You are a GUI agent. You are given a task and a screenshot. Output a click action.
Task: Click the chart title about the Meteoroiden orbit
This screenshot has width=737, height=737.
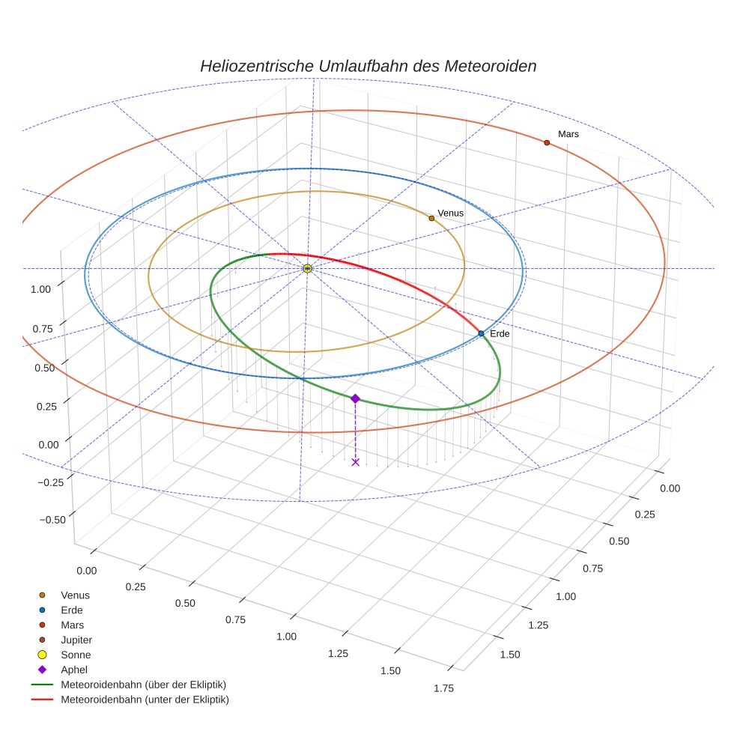pos(368,66)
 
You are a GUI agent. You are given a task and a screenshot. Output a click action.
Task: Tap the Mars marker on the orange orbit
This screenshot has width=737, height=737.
pos(547,142)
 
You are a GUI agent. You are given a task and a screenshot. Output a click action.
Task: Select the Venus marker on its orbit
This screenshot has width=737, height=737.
pos(431,218)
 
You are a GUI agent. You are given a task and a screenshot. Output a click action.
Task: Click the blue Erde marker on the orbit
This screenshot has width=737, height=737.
pos(481,333)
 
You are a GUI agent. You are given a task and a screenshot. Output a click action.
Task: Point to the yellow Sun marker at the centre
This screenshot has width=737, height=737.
pos(307,268)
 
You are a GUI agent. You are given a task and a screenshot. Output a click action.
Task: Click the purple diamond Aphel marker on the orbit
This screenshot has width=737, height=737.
pos(355,398)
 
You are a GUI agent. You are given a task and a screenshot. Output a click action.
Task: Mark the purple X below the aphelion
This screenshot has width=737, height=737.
pos(355,462)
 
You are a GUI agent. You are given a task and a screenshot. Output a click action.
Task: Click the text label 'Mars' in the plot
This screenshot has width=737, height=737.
pos(568,134)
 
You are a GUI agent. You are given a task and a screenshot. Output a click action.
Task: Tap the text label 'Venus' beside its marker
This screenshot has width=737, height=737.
pos(451,213)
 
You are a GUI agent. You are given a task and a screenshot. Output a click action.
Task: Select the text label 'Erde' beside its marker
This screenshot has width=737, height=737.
pos(500,333)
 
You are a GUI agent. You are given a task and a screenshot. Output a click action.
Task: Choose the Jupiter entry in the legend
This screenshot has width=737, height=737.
pos(76,640)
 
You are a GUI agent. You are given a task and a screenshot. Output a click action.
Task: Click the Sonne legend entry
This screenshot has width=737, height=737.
pos(76,655)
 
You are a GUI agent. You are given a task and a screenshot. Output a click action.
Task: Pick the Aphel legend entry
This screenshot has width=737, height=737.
pos(74,670)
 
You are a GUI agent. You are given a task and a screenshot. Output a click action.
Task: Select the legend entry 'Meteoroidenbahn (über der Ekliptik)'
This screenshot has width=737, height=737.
pos(143,685)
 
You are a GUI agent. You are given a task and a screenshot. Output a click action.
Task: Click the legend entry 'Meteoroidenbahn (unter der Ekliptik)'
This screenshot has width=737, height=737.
pos(145,700)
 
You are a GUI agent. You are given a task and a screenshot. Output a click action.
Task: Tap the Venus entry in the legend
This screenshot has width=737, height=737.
pos(75,595)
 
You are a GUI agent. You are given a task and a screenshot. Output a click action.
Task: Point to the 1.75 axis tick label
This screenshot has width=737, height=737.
pos(443,689)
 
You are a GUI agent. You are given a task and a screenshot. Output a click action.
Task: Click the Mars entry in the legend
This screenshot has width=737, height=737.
pos(73,625)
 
